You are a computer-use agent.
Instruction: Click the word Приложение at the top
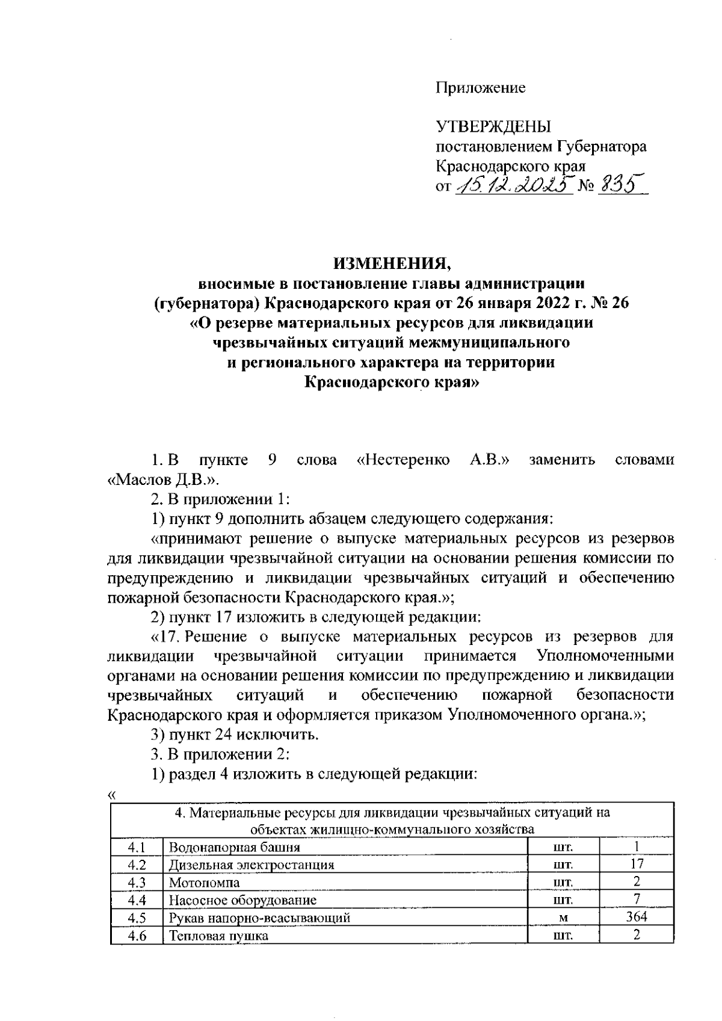coord(480,88)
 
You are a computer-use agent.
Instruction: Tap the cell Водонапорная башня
coord(235,848)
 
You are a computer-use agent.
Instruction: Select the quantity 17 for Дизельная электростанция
coord(636,865)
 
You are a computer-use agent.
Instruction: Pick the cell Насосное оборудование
coord(242,900)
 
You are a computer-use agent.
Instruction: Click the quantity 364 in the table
coord(636,917)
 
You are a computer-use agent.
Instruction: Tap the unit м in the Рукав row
coord(563,918)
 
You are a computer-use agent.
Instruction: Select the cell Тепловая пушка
coord(218,936)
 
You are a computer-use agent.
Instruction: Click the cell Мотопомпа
coord(205,883)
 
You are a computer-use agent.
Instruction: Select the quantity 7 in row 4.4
coord(636,899)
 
